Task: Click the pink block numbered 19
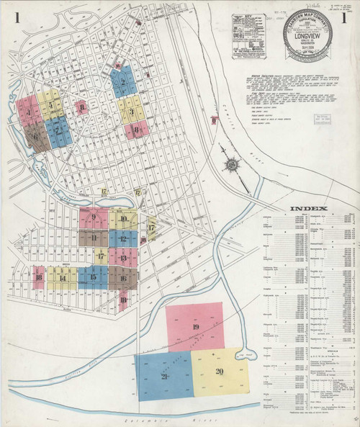pyautogui.click(x=195, y=328)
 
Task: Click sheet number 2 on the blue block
pyautogui.click(x=124, y=82)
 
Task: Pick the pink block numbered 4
pyautogui.click(x=27, y=113)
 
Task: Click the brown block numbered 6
pyautogui.click(x=35, y=135)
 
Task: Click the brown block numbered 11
pyautogui.click(x=94, y=237)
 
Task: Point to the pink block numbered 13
pyautogui.click(x=123, y=257)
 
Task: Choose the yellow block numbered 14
pyautogui.click(x=63, y=278)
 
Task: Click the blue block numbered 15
pyautogui.click(x=93, y=277)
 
